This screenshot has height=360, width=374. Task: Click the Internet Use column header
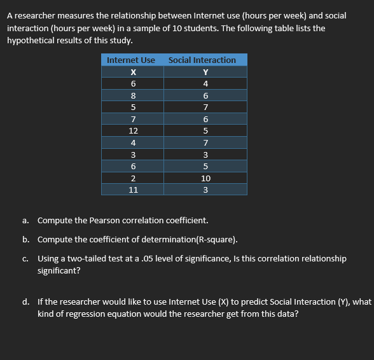click(x=131, y=60)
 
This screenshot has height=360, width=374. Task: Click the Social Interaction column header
click(x=202, y=60)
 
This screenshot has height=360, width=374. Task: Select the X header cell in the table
click(x=133, y=72)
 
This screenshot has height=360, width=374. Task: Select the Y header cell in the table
click(x=205, y=72)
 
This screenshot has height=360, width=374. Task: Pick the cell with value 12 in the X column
click(x=133, y=130)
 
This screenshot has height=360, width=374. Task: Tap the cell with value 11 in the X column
click(x=133, y=189)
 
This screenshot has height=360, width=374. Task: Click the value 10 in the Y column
click(x=205, y=177)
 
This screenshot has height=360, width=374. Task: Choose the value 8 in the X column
click(x=133, y=95)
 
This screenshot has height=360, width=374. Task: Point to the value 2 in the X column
click(x=133, y=177)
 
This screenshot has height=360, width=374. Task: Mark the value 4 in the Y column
click(x=205, y=83)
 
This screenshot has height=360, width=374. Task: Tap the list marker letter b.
click(x=25, y=240)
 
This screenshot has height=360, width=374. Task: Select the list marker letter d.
click(x=25, y=302)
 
